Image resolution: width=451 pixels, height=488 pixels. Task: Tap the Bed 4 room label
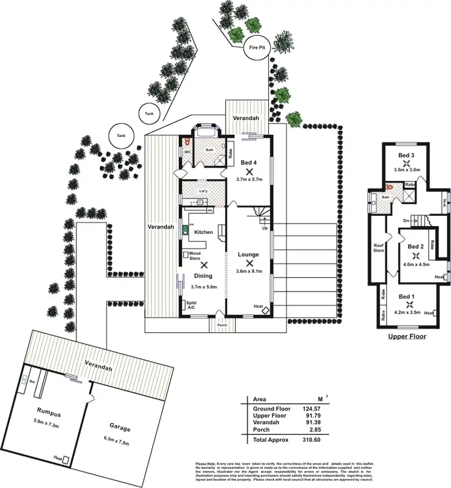click(x=249, y=163)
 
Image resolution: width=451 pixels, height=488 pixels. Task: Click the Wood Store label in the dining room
click(x=194, y=256)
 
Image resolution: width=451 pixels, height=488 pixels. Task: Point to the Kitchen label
click(x=203, y=232)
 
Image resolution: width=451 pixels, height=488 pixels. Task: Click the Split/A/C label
click(x=192, y=305)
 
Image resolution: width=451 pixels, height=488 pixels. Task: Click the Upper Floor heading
click(x=407, y=337)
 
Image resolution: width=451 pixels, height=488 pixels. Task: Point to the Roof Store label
click(x=378, y=248)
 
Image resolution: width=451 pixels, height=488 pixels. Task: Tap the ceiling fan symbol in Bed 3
click(x=407, y=162)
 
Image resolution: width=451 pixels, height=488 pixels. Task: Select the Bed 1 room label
click(x=407, y=296)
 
